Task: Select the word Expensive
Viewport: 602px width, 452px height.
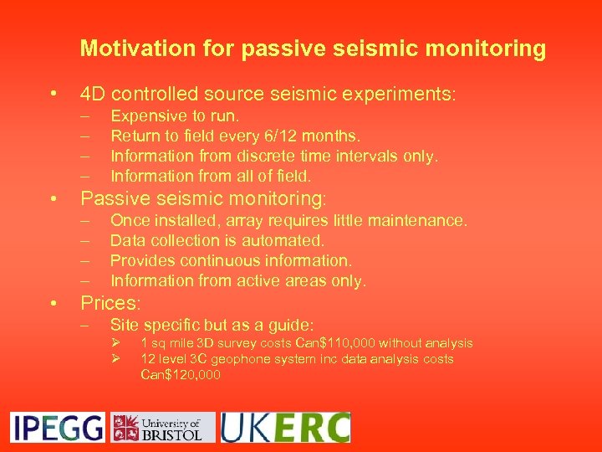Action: pos(147,116)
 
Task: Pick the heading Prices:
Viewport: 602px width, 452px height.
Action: pos(110,302)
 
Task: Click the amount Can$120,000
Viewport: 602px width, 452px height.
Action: pos(181,375)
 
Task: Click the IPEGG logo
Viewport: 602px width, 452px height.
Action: pos(57,427)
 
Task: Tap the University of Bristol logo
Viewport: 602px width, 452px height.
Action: pos(163,427)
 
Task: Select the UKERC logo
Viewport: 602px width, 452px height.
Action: pos(285,427)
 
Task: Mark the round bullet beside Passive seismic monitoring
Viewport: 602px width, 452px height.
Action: pos(53,199)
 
